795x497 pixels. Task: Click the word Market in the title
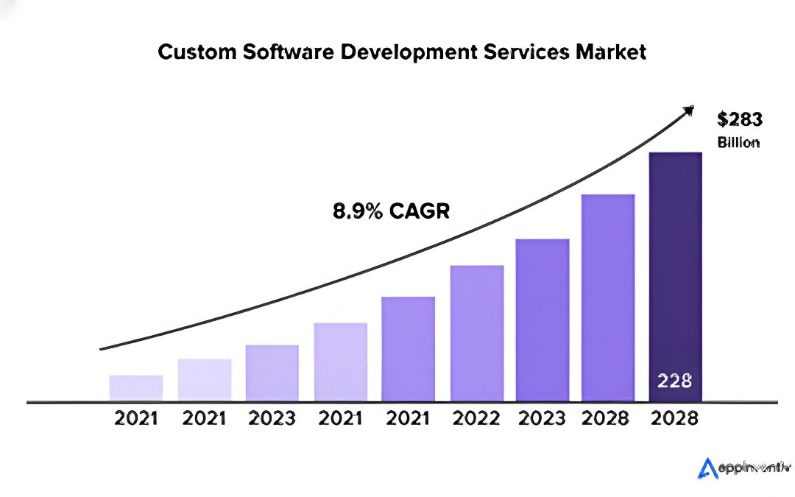tap(613, 53)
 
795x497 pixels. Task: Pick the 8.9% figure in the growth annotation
tap(358, 212)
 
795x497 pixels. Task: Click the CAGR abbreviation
tap(419, 212)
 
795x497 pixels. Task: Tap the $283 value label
tap(739, 120)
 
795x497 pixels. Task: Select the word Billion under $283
tap(738, 143)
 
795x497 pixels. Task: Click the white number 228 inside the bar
tap(674, 381)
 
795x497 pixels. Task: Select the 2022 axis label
tap(476, 419)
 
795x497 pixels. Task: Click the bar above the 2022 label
tap(477, 334)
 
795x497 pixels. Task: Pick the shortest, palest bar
tap(136, 388)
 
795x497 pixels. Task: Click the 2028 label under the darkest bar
tap(675, 419)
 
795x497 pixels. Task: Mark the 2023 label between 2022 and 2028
tap(542, 419)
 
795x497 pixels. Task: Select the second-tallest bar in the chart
tap(608, 298)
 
